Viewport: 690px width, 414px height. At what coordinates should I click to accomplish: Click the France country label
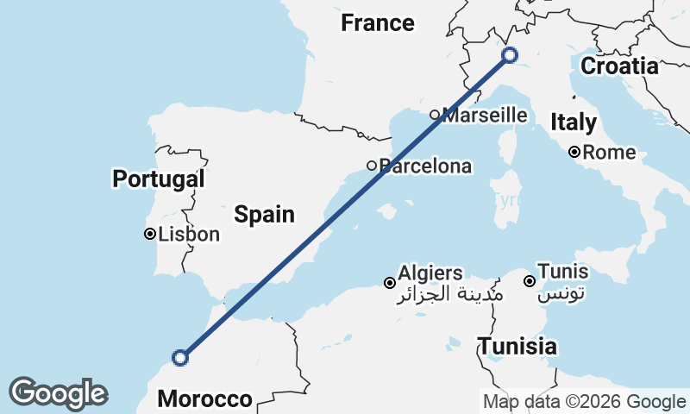coord(378,23)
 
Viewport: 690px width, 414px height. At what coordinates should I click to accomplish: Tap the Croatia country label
coord(619,66)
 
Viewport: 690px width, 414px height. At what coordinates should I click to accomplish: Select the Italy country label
coord(573,122)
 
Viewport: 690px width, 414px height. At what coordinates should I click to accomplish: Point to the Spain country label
coord(265,215)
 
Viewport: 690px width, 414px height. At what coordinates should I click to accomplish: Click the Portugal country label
coord(159,179)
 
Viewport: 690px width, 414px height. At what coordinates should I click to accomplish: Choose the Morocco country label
coord(205,399)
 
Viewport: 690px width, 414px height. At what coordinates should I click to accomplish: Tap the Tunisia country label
coord(517,347)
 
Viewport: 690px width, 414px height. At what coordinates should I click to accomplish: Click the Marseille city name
coord(485,115)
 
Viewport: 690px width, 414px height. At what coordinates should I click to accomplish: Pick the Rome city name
coord(610,154)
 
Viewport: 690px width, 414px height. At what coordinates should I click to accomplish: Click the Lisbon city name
coord(190,234)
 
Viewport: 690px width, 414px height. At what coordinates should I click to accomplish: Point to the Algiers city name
coord(430,273)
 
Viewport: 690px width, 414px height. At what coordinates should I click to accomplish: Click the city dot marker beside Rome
coord(574,153)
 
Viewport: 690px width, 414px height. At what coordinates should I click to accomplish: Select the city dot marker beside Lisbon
coord(150,234)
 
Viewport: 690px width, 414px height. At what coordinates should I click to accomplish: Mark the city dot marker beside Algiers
coord(390,283)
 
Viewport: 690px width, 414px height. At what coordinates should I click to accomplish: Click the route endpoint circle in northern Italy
coord(510,55)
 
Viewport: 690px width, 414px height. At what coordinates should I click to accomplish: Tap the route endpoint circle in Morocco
coord(180,357)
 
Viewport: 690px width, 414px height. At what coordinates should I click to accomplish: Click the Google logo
coord(59,392)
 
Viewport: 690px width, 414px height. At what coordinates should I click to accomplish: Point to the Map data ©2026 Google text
coord(584,401)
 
